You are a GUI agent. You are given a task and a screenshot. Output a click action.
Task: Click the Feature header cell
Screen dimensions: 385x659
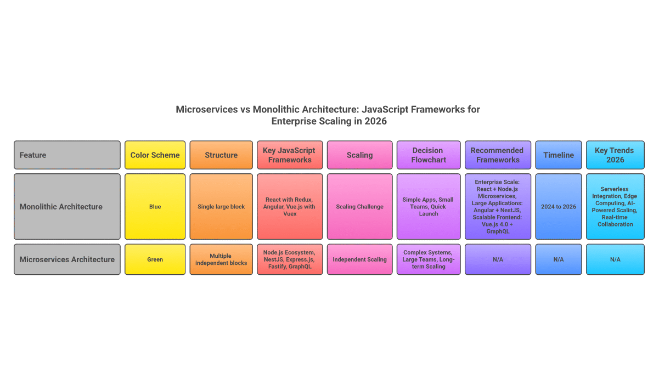tap(67, 155)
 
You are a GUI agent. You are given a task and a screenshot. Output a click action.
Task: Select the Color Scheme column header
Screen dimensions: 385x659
tap(155, 155)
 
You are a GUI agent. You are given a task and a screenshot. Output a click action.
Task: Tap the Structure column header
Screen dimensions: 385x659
tap(221, 155)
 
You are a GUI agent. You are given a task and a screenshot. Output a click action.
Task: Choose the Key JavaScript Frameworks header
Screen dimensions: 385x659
tap(290, 155)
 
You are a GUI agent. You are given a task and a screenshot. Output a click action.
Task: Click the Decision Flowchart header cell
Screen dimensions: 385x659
tap(428, 155)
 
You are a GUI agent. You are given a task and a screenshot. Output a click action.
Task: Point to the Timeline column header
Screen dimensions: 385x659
tap(558, 155)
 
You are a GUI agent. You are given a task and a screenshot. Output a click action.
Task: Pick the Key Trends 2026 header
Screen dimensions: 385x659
tap(615, 155)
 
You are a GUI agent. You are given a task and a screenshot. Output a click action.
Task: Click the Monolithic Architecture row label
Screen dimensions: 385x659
tap(67, 207)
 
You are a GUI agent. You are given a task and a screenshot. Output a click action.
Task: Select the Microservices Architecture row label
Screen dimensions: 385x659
tap(67, 259)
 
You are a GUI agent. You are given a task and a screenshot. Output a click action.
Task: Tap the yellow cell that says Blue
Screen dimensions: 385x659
tap(155, 207)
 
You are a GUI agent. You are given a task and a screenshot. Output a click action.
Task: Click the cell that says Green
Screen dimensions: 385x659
tap(155, 259)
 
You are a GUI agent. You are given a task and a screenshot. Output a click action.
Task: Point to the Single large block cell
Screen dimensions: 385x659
tap(221, 207)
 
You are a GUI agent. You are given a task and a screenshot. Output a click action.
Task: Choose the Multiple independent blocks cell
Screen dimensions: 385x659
tap(221, 259)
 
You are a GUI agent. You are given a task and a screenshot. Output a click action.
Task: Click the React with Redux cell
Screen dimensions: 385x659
tap(290, 207)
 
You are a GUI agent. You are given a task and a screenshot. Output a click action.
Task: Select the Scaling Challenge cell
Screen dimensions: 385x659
tap(359, 207)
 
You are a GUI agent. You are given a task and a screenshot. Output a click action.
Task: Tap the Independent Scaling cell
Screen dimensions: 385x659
tap(359, 259)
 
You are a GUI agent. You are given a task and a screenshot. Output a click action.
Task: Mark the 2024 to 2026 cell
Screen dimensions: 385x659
tap(558, 207)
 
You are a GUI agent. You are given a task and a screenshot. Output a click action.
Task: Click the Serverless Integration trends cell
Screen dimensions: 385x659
tap(615, 207)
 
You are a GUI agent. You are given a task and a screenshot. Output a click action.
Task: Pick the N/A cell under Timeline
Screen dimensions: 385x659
tap(558, 259)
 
